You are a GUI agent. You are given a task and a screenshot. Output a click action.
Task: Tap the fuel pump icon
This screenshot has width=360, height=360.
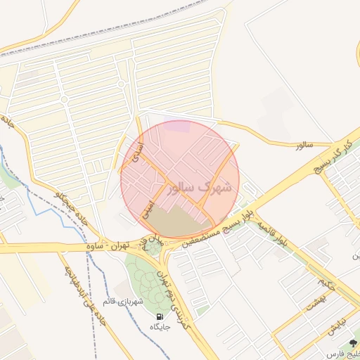click(x=160, y=316)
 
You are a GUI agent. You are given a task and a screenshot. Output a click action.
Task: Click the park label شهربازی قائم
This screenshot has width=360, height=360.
click(x=122, y=301)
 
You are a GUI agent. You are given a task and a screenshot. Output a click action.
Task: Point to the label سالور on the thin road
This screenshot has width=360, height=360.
click(x=303, y=145)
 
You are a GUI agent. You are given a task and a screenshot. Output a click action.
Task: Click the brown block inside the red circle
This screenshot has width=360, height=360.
click(x=172, y=224)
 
